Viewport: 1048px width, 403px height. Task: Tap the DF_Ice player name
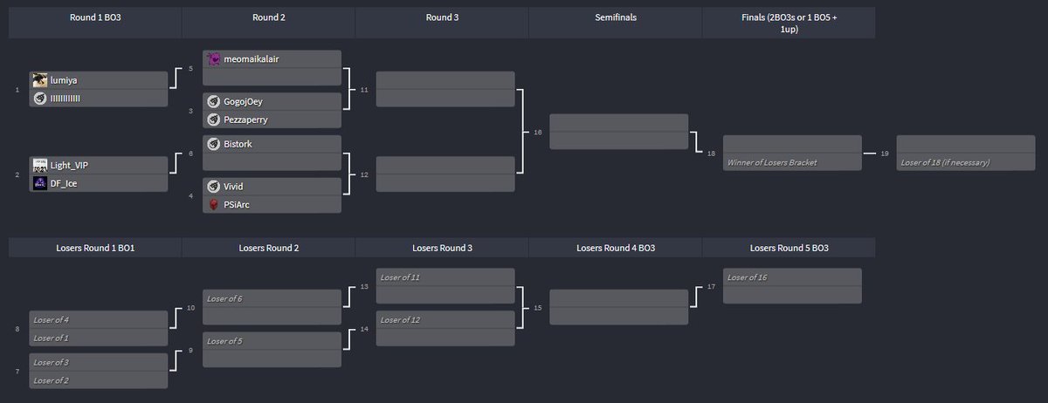pos(64,183)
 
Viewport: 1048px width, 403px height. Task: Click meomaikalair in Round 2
pos(252,58)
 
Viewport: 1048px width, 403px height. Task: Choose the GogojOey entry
pos(244,101)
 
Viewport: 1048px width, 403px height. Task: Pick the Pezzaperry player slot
pos(247,119)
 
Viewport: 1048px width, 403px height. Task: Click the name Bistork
pos(238,143)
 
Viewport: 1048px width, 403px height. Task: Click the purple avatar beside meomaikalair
pos(214,58)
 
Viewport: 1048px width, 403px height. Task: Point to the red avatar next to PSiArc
pos(214,204)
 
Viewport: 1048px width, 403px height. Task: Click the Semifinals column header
pos(615,17)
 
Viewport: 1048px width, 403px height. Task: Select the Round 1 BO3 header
pos(95,17)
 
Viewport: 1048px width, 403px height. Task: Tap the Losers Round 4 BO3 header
pos(615,248)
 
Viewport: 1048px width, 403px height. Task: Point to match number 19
pos(885,154)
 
